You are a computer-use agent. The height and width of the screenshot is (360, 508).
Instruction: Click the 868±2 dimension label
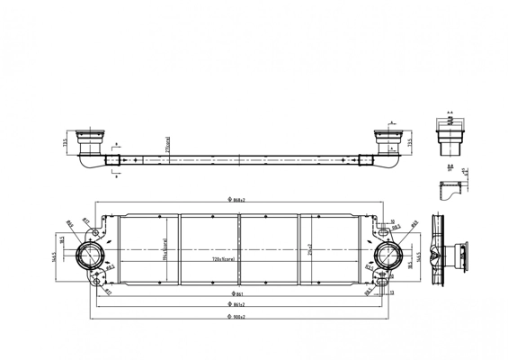coord(236,200)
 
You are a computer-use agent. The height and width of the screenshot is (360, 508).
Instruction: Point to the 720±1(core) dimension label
coord(225,259)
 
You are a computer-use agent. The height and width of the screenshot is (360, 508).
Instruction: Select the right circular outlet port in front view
coord(391,254)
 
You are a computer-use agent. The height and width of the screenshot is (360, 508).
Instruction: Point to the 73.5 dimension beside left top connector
coord(67,141)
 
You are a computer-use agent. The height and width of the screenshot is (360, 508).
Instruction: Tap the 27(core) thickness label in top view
coord(167,144)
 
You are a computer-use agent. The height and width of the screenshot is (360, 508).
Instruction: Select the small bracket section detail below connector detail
coord(449,191)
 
